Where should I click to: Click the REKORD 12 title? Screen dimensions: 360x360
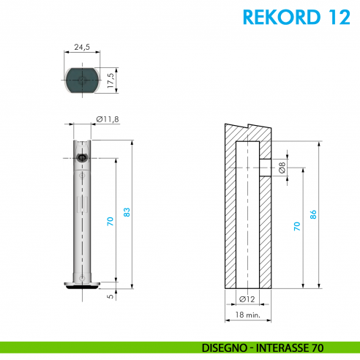point(294,17)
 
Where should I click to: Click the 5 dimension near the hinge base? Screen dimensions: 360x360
point(110,296)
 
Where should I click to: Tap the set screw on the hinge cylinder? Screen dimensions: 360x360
point(81,157)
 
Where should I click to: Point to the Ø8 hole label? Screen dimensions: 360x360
point(282,168)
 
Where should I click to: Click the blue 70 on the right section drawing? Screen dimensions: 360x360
point(296,226)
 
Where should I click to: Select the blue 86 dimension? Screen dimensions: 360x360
point(314,214)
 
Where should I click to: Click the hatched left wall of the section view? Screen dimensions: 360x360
point(228,212)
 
